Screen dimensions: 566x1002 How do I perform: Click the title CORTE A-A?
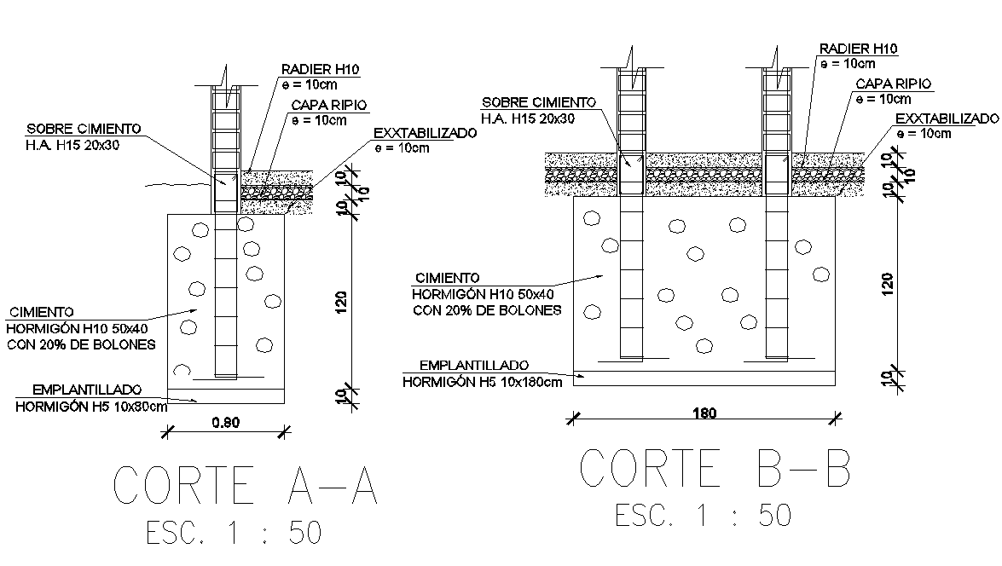(246, 486)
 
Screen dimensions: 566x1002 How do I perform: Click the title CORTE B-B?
(715, 468)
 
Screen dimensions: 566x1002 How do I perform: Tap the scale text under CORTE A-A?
(234, 533)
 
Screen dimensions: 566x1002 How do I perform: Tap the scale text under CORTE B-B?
(704, 515)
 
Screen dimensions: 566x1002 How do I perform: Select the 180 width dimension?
(704, 413)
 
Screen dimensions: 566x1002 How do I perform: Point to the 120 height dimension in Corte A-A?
(341, 303)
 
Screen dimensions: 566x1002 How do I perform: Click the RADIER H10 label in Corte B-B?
(858, 49)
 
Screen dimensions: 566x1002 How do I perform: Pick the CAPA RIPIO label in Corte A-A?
(329, 105)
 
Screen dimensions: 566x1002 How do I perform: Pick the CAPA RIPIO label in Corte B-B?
(893, 84)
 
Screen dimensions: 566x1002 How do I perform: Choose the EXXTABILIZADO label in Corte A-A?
(425, 134)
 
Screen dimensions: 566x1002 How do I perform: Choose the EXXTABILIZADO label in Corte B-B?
(947, 118)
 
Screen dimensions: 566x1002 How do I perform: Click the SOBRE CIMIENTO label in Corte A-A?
(84, 129)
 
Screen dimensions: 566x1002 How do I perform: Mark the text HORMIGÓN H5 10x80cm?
(91, 407)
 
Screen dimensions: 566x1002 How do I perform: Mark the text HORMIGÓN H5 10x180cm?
(482, 381)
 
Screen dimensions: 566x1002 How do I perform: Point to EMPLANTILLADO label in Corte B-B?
(474, 365)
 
